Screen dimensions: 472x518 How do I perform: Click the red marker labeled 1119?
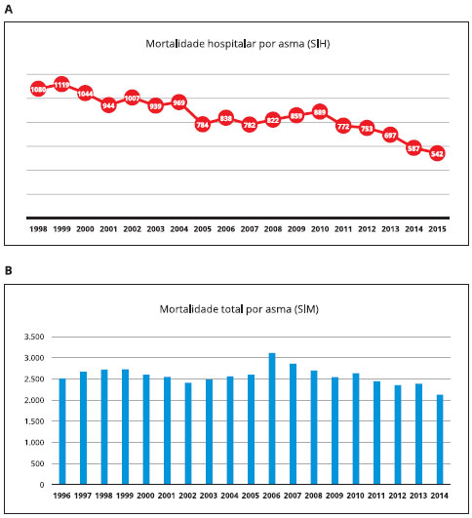click(61, 85)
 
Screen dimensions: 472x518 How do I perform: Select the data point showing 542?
click(437, 153)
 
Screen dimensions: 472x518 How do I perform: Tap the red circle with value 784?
click(203, 125)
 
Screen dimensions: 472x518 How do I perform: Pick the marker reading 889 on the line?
click(320, 112)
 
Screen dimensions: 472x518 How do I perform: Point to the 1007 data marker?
click(132, 99)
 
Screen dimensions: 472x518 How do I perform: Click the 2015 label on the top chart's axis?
click(437, 229)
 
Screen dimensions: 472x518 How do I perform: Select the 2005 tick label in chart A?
click(203, 229)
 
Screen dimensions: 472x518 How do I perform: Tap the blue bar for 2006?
click(272, 418)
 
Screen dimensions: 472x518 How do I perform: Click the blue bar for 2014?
click(440, 440)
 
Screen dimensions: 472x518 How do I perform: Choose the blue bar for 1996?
click(62, 432)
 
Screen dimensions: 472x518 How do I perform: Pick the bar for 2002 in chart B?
click(188, 434)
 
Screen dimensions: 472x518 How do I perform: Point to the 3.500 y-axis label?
click(34, 337)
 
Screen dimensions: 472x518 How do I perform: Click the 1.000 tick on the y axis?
click(34, 442)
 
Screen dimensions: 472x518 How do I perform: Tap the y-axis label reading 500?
click(37, 463)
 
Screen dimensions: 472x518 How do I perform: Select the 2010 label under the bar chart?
click(355, 496)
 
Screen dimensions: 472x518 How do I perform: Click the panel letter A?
click(9, 9)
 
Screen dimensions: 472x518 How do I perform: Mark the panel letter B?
click(8, 270)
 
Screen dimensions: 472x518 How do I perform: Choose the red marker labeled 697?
click(390, 135)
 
